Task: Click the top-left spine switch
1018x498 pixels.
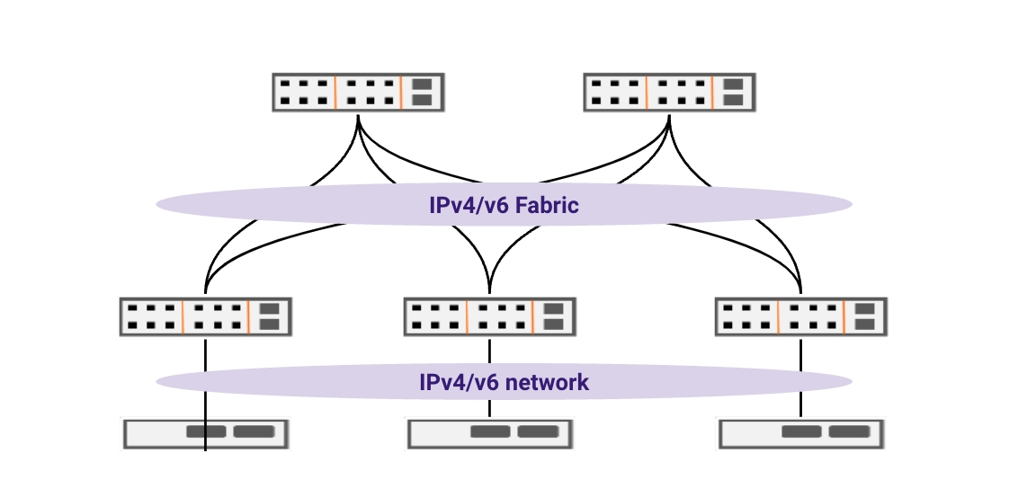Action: [359, 92]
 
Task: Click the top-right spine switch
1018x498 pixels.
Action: [670, 92]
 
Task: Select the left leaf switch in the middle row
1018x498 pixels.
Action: [205, 316]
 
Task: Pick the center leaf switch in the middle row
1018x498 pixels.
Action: [490, 316]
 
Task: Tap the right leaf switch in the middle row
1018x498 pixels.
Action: [801, 316]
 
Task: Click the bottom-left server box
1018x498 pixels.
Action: [206, 432]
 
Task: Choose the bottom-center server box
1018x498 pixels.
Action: [490, 432]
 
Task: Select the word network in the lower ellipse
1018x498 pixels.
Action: [547, 382]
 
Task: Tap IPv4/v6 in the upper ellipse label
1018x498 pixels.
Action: [464, 205]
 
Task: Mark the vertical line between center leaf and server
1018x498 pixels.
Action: [490, 351]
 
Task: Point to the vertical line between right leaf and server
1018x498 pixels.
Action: [801, 351]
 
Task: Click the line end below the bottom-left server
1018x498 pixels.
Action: [206, 449]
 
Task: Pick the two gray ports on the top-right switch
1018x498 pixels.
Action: [733, 92]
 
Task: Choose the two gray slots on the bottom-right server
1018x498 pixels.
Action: [826, 432]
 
